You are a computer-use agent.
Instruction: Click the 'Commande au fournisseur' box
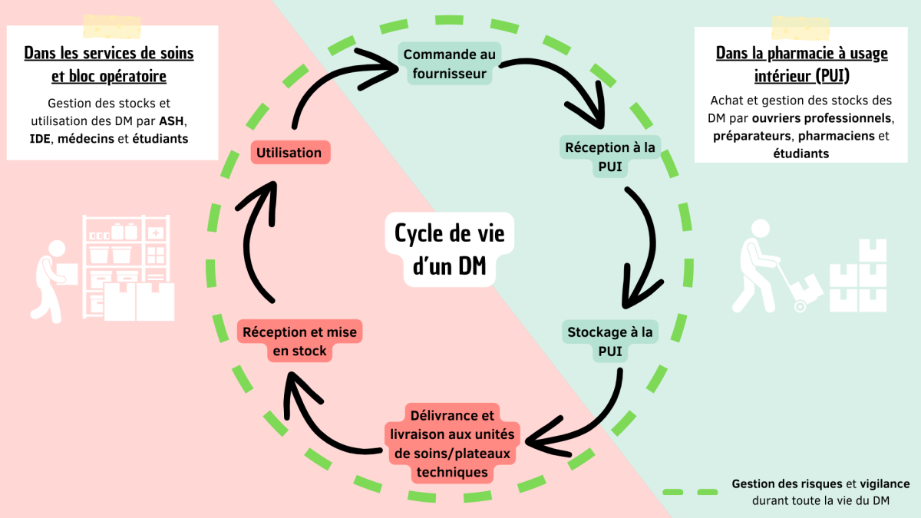click(450, 64)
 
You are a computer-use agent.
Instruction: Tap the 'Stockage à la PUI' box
click(610, 342)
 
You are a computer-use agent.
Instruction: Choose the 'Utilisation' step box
click(289, 152)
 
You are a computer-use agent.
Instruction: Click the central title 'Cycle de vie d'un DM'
click(450, 249)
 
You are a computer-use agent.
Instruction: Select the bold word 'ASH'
click(173, 121)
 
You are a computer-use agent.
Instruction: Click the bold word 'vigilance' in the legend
click(883, 484)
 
